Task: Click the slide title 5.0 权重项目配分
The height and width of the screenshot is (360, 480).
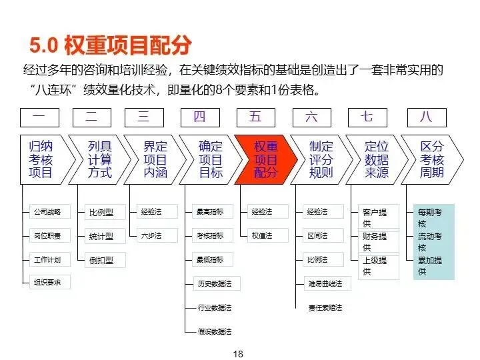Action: (x=111, y=45)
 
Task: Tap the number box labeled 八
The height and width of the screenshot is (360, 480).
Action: (x=425, y=117)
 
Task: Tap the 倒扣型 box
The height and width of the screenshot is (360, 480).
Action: (x=101, y=259)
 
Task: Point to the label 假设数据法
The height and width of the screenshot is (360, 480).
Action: (x=215, y=331)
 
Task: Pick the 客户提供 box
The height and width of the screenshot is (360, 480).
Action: (x=375, y=218)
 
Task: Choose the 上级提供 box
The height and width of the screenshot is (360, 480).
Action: (x=375, y=265)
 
